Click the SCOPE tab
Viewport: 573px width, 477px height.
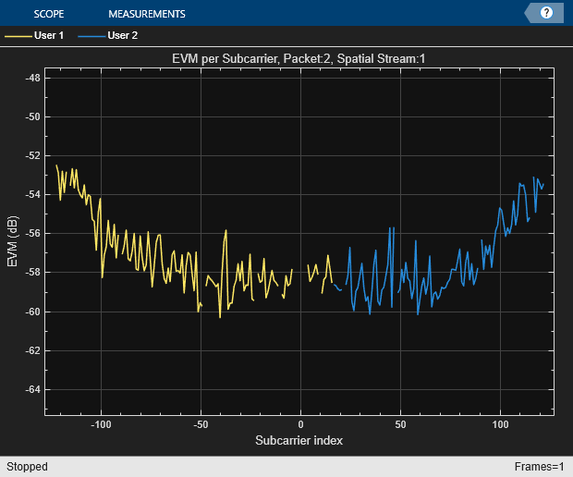tap(48, 14)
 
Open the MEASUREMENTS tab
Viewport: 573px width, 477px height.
tap(146, 14)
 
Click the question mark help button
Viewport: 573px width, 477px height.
tap(546, 13)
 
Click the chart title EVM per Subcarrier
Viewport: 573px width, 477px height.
tap(299, 59)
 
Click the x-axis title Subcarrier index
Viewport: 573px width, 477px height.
tap(299, 440)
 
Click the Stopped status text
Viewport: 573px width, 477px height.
tap(28, 467)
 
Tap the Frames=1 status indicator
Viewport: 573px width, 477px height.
tap(540, 467)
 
